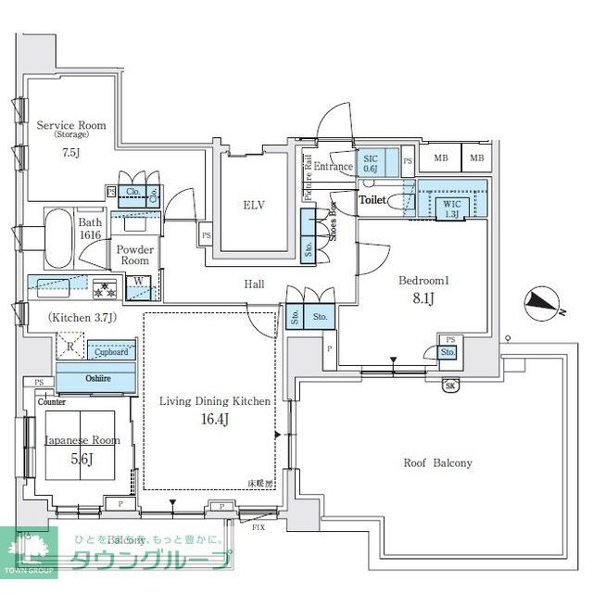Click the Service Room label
click(x=70, y=124)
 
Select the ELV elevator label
click(x=255, y=205)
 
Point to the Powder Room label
click(x=135, y=255)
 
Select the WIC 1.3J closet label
click(x=452, y=209)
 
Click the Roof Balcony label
click(x=438, y=462)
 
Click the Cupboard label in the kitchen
click(x=112, y=352)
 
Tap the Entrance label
click(x=334, y=167)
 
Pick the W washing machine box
click(x=138, y=282)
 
